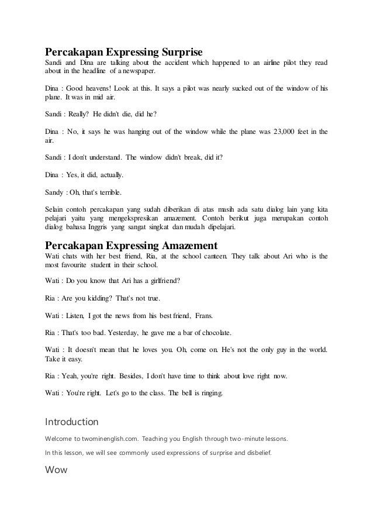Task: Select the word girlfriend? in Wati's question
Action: (x=165, y=279)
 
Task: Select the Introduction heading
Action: (x=72, y=422)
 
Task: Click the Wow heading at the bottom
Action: (x=56, y=469)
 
